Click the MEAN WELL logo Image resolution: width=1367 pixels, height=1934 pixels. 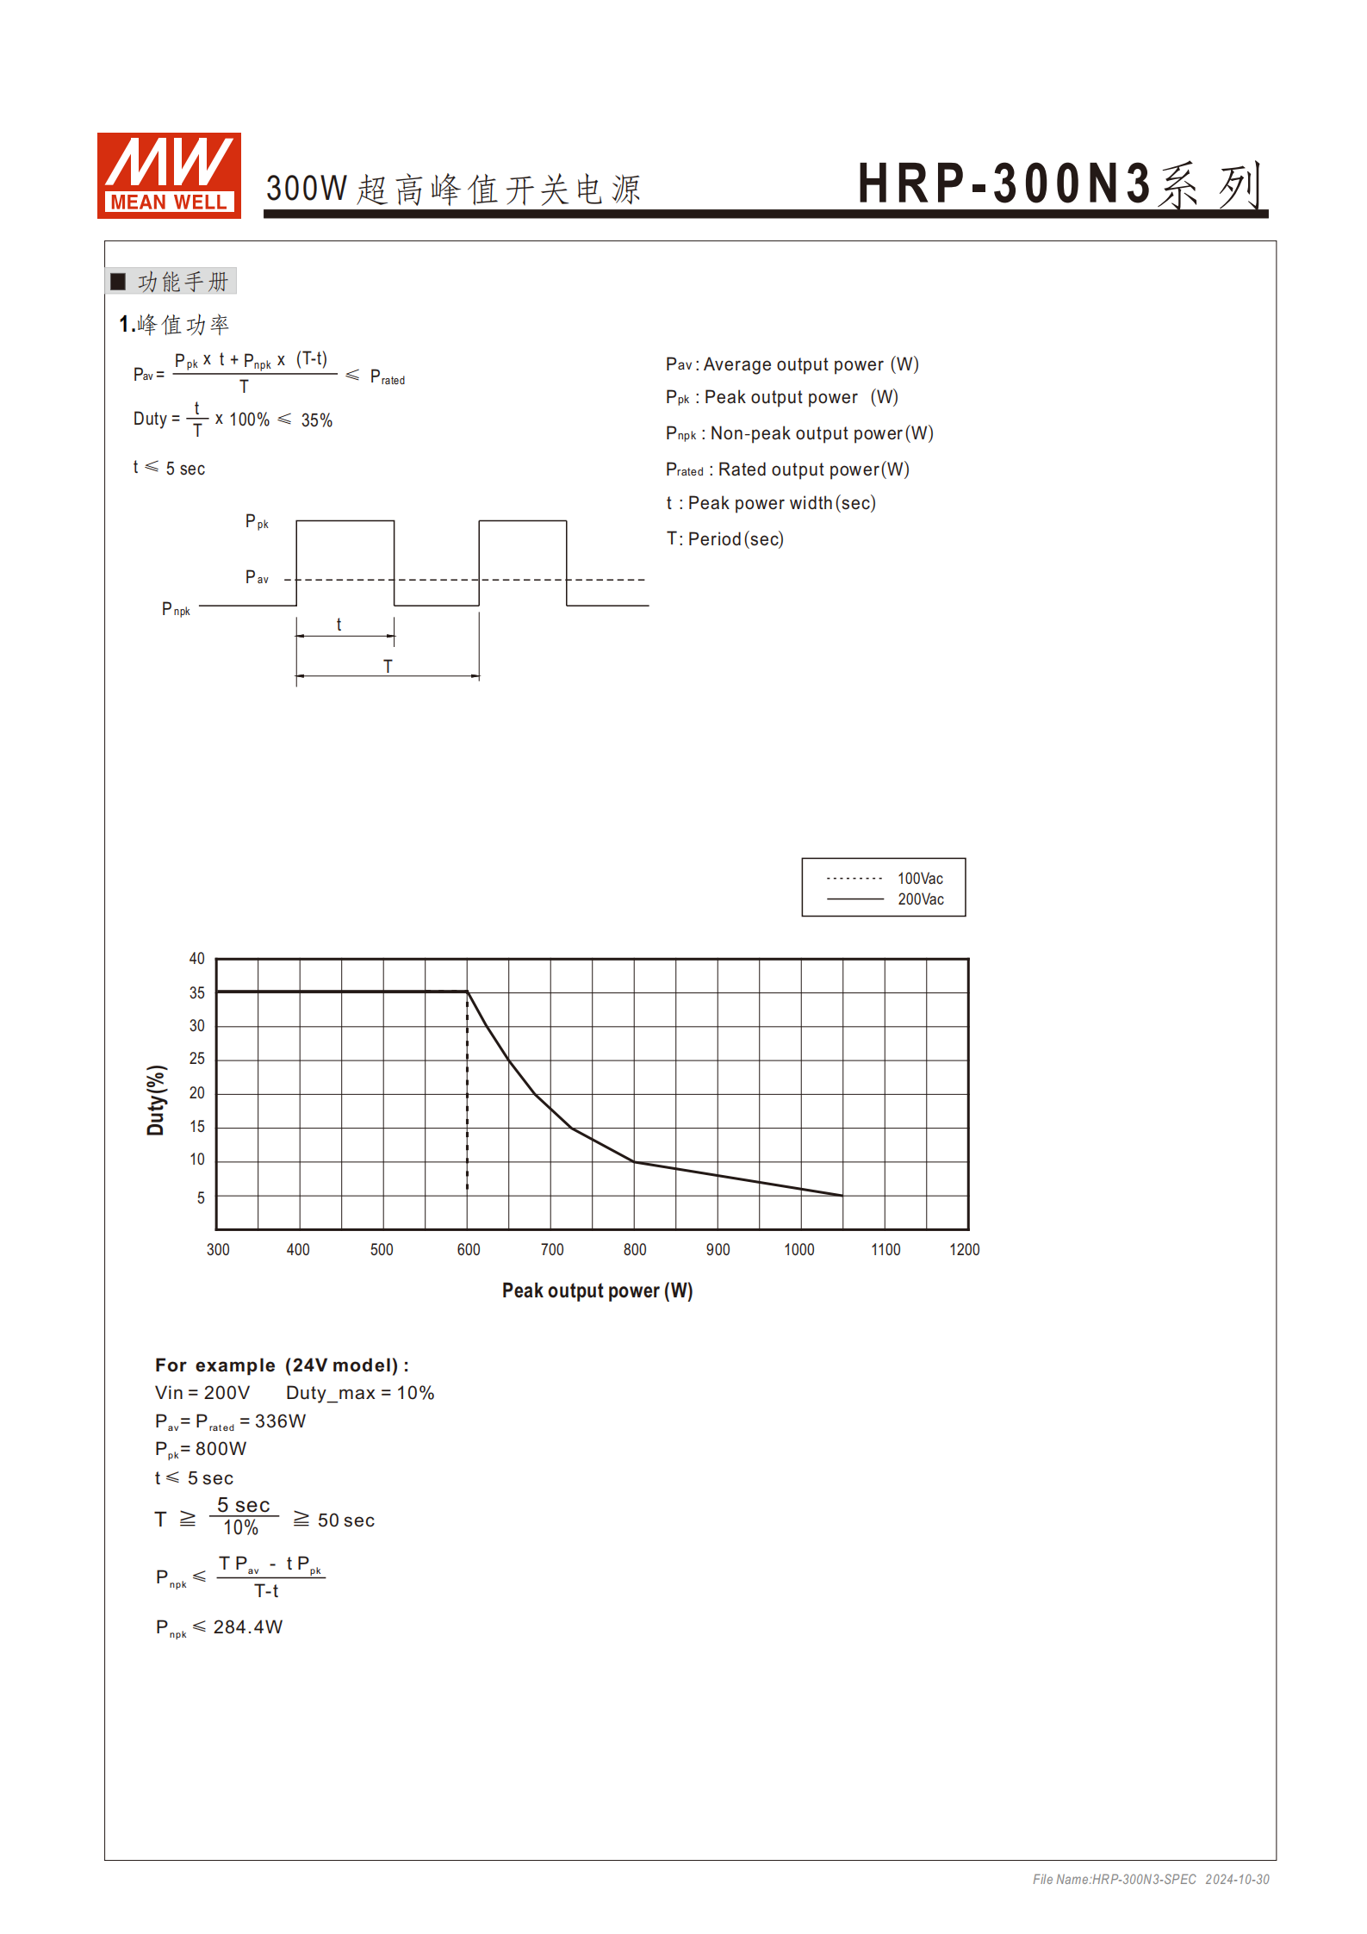169,175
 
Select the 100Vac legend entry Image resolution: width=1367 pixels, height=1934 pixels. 920,879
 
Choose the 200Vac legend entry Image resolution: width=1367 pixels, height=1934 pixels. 920,899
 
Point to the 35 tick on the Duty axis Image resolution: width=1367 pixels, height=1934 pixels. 197,992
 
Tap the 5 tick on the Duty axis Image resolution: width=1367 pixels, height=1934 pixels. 201,1197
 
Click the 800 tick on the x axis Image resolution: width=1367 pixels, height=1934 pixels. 635,1249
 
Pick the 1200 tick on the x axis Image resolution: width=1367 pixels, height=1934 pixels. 965,1249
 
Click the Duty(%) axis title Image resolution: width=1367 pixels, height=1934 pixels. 156,1100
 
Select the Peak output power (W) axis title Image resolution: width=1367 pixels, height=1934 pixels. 597,1290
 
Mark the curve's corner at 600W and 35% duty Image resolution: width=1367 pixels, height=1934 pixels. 468,992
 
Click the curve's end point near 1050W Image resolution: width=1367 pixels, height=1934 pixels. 842,1196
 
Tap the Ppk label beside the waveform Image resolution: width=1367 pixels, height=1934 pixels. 257,522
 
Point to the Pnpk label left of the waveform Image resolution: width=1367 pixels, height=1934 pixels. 176,610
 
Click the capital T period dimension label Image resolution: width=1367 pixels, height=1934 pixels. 388,666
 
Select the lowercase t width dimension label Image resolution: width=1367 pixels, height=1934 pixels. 339,625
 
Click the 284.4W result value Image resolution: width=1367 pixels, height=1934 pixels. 248,1626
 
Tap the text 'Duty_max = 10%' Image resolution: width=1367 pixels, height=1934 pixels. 360,1393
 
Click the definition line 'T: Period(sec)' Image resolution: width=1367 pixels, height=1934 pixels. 724,539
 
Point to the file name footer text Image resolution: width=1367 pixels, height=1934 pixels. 1151,1879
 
